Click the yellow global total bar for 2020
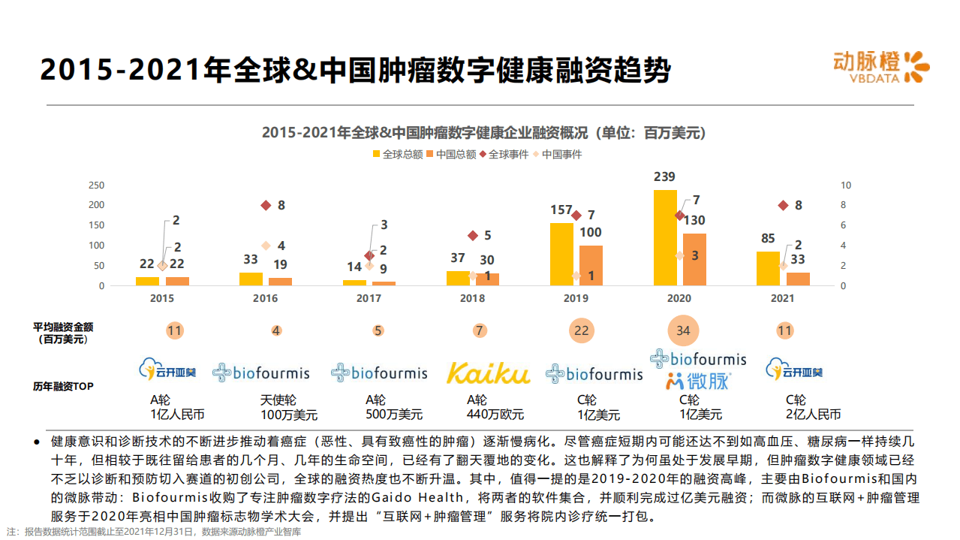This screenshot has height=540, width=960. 665,237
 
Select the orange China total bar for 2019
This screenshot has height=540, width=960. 591,265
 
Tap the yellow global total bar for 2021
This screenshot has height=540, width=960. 768,268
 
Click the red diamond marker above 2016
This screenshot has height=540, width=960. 266,205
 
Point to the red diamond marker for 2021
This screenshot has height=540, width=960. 783,205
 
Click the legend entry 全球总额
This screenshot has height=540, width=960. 398,155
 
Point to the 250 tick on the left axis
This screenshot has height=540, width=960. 97,185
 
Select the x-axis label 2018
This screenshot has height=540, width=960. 472,298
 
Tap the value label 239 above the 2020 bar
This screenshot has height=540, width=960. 664,177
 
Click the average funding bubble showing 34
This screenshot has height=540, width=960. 682,330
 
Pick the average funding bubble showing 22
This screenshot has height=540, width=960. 581,330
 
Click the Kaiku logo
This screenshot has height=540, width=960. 488,373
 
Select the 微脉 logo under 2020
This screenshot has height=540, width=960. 697,381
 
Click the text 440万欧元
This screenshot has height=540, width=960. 495,415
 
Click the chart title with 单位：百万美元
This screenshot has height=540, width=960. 483,133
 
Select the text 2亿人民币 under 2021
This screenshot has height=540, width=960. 813,415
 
